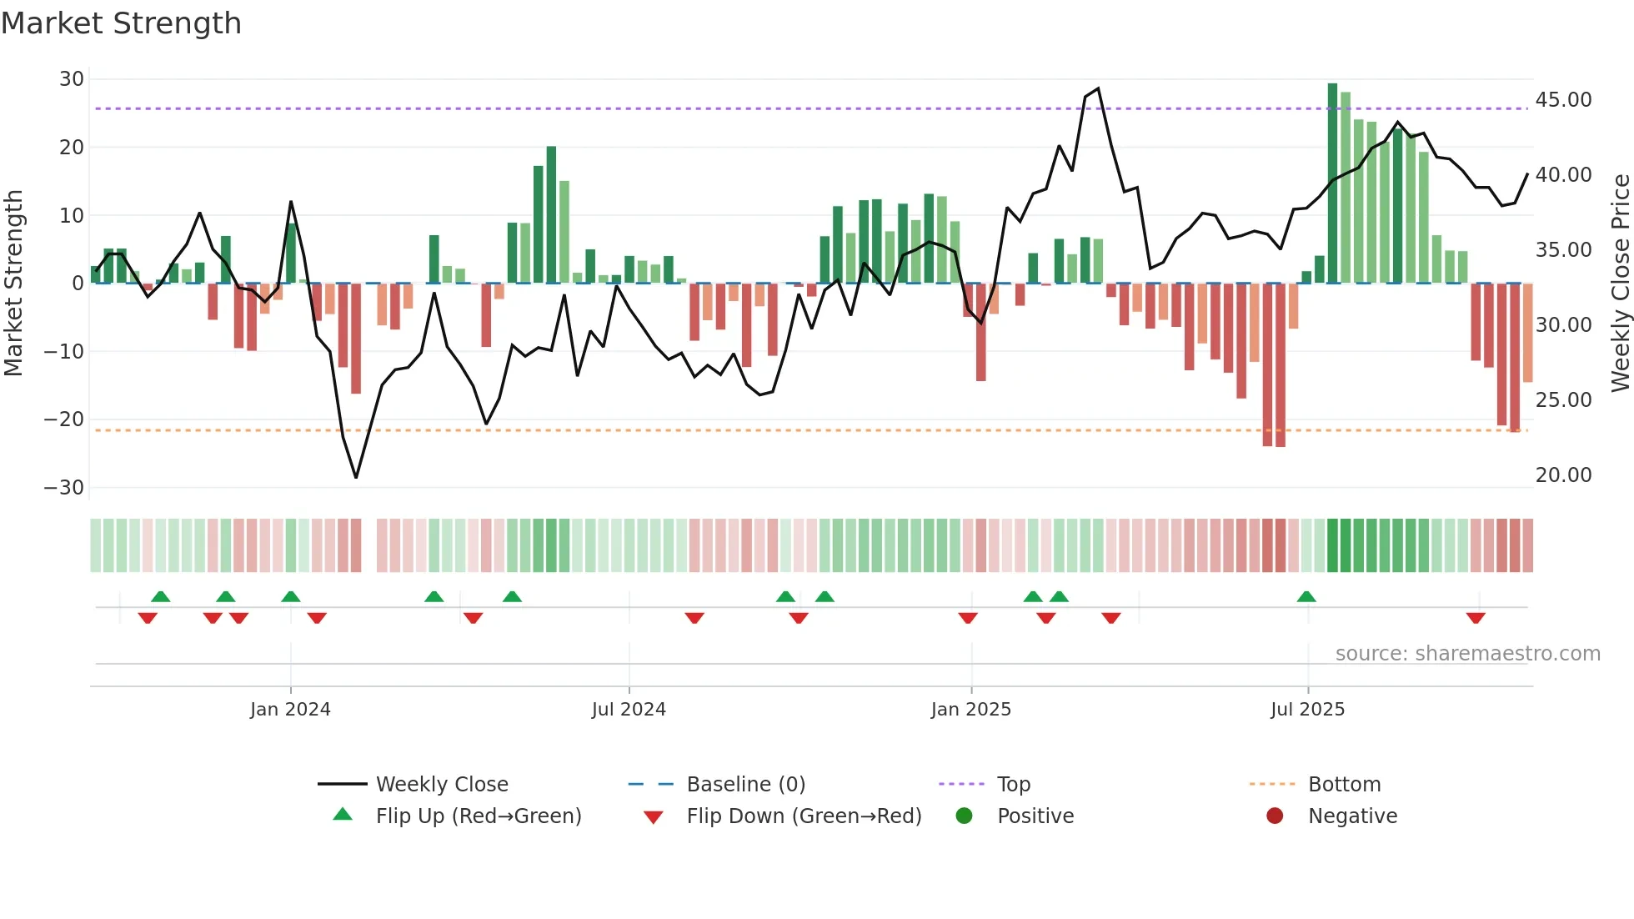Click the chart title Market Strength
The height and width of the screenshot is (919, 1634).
click(x=121, y=23)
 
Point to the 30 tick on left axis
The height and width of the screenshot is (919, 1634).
click(x=72, y=79)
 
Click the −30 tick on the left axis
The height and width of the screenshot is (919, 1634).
click(x=64, y=488)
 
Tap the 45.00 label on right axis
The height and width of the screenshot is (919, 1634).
click(x=1563, y=100)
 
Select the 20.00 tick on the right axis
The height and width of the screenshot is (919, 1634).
click(x=1563, y=475)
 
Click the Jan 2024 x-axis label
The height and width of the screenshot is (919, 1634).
click(x=290, y=710)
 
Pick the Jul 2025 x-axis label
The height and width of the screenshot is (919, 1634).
click(x=1307, y=710)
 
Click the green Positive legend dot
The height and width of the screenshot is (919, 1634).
click(x=965, y=816)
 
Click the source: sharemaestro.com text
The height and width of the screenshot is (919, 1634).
click(x=1467, y=654)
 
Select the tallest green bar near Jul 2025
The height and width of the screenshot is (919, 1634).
click(x=1332, y=183)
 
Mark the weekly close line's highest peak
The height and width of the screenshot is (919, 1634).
click(x=1098, y=88)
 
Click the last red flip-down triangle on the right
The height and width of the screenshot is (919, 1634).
click(x=1476, y=618)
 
